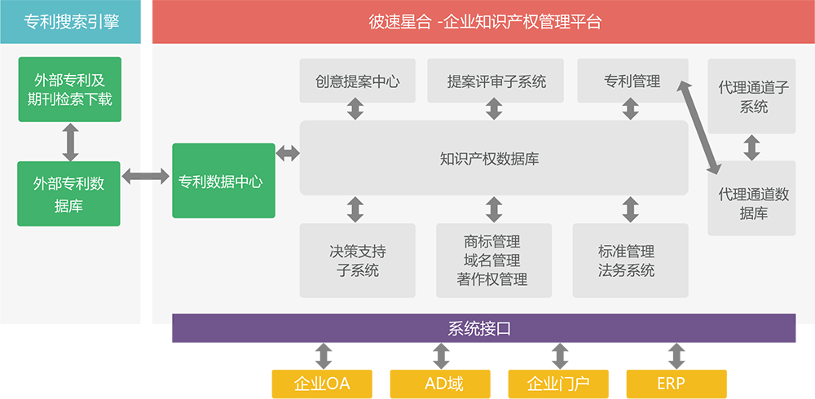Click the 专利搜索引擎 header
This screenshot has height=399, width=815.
pos(71,22)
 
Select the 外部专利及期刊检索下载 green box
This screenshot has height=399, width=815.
pos(69,90)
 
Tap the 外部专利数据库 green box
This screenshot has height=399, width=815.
pos(69,194)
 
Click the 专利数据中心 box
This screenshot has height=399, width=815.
pos(223,181)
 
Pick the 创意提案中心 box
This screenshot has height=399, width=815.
pos(357,81)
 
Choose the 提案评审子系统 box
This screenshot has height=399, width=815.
pos(496,81)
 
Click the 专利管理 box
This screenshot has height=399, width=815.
pos(632,81)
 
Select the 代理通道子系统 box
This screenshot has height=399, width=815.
pos(752,96)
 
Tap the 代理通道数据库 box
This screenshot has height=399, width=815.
pos(752,203)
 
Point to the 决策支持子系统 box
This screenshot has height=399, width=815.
pos(357,260)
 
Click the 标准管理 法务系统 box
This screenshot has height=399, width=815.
pos(626,260)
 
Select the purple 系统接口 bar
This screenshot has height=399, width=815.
pos(483,328)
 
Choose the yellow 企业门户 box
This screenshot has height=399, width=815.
pos(558,383)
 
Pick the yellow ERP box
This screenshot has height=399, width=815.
pos(676,383)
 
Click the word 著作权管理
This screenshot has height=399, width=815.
pos(492,279)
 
